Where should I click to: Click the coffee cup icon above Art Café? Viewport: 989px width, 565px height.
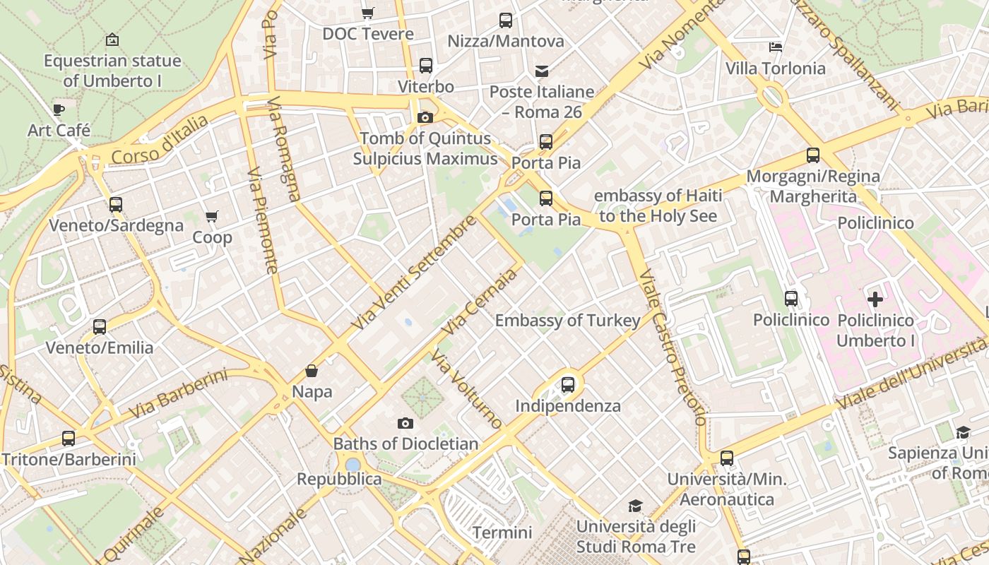tap(59, 109)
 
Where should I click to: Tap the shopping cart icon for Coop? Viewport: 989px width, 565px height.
tap(212, 216)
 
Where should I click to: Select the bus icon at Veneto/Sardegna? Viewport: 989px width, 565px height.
tap(116, 205)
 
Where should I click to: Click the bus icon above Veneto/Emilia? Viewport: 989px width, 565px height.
tap(100, 327)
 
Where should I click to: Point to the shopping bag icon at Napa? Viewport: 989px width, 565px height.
tap(312, 371)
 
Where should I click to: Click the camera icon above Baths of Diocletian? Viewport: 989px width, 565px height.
tap(405, 423)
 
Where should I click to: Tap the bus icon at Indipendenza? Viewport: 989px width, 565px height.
tap(568, 385)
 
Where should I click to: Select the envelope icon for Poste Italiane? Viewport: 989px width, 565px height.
tap(542, 71)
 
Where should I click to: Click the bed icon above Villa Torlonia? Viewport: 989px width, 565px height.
tap(776, 47)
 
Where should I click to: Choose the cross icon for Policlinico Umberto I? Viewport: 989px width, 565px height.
tap(875, 299)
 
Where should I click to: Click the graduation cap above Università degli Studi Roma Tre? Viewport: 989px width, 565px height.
tap(636, 506)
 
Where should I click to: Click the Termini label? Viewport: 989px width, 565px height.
tap(502, 532)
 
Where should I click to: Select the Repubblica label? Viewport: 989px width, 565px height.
tap(339, 479)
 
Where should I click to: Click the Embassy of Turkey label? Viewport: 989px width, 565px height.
tap(567, 321)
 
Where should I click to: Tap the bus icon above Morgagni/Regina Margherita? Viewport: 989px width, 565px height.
tap(813, 155)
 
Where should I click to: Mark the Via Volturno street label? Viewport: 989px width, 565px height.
tap(467, 389)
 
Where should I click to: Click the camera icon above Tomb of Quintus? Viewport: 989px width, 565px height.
tap(425, 117)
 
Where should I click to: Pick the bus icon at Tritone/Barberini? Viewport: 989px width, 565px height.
tap(69, 438)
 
